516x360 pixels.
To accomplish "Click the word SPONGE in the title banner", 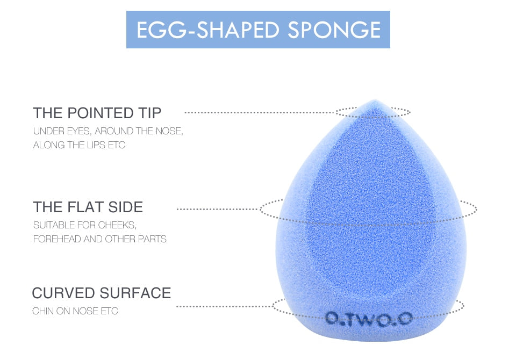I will click(334, 30).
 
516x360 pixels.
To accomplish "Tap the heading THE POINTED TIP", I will click(97, 113).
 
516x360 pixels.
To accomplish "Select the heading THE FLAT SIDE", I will click(88, 207).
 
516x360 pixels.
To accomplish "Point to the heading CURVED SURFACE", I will click(101, 293).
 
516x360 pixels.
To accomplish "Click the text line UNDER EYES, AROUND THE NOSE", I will click(108, 131).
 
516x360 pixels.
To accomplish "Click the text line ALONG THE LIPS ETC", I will click(79, 145).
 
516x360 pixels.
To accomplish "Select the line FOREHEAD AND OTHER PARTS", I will click(99, 239).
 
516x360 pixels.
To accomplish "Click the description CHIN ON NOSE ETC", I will click(75, 311).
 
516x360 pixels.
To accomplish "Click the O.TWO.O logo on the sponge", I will click(369, 319).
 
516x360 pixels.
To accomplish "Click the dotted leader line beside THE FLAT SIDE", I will click(218, 208).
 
